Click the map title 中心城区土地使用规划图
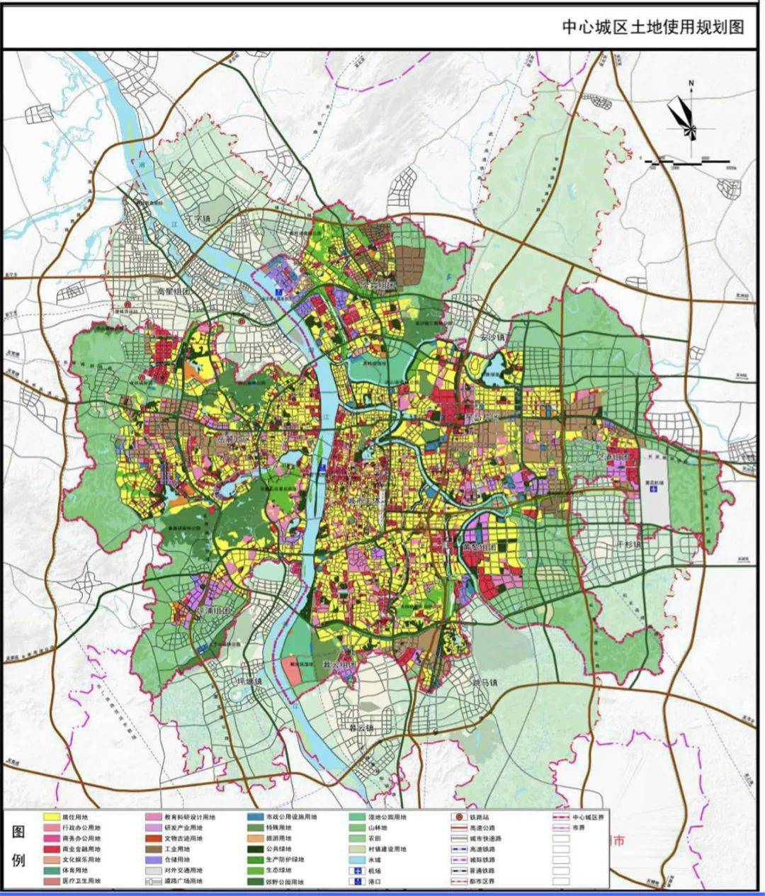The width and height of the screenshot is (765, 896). [653, 27]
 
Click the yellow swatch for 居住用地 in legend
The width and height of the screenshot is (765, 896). [50, 817]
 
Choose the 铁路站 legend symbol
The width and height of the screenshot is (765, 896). [457, 817]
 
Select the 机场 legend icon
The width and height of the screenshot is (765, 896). [357, 871]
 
